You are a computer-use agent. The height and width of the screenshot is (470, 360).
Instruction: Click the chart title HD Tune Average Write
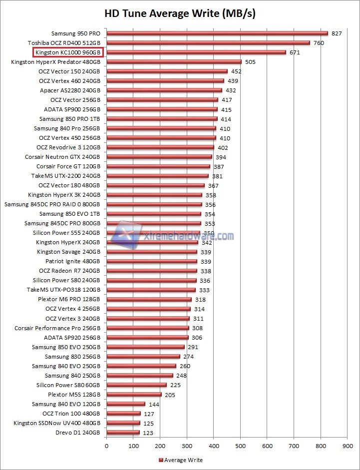pyautogui.click(x=180, y=13)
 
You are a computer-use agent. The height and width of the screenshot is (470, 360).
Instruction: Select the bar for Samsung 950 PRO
pyautogui.click(x=217, y=33)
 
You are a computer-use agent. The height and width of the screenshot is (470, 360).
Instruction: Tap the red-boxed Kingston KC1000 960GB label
pyautogui.click(x=68, y=52)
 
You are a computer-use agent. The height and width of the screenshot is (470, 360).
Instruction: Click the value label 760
pyautogui.click(x=320, y=43)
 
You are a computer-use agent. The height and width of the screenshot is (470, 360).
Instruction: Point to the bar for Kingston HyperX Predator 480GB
pyautogui.click(x=174, y=62)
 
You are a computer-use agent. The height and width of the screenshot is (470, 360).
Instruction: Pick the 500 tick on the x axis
pyautogui.click(x=241, y=443)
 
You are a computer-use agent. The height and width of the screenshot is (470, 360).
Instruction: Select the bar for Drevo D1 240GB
pyautogui.click(x=123, y=433)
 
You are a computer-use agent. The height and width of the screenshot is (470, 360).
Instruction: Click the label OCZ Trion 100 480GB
pyautogui.click(x=71, y=414)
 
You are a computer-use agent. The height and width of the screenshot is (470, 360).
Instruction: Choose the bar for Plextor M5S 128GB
pyautogui.click(x=134, y=395)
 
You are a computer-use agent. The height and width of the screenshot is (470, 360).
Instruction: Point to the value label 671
pyautogui.click(x=295, y=52)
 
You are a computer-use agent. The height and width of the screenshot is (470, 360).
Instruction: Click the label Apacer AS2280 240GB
pyautogui.click(x=70, y=90)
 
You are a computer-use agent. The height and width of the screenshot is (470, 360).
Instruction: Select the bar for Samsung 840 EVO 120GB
pyautogui.click(x=126, y=404)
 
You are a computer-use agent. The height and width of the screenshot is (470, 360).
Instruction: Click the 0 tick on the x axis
pyautogui.click(x=106, y=443)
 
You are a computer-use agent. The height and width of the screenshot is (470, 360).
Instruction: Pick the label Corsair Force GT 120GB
pyautogui.click(x=68, y=166)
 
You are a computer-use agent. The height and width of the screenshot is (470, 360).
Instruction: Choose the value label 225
pyautogui.click(x=176, y=385)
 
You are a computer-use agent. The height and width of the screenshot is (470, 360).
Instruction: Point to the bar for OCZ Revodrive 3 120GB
pyautogui.click(x=160, y=147)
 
